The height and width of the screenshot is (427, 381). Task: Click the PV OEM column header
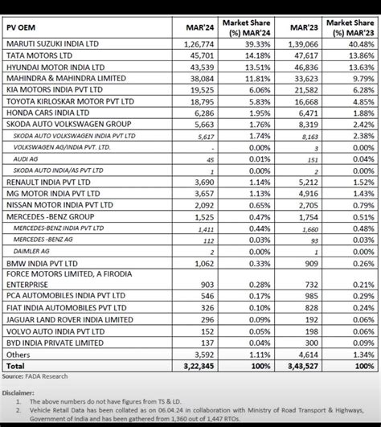click(24, 30)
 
